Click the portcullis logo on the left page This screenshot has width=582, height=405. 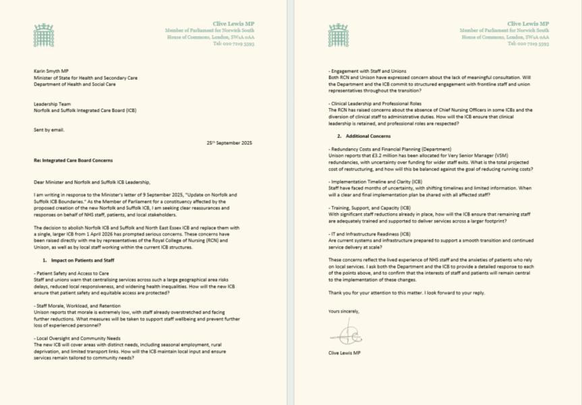[43, 35]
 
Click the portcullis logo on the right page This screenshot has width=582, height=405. [338, 35]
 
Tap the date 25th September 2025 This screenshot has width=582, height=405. [229, 143]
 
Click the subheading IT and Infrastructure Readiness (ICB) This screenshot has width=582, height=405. [378, 234]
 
